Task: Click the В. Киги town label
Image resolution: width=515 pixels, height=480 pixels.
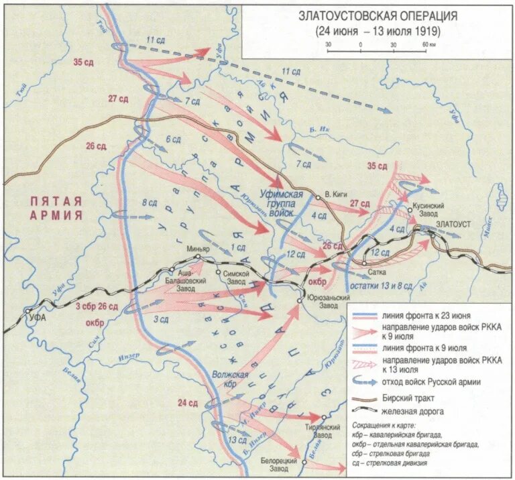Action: tap(335, 193)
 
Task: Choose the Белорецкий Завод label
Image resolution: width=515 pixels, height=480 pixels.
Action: tap(280, 458)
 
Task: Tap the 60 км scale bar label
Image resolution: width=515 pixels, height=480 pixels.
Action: tap(428, 44)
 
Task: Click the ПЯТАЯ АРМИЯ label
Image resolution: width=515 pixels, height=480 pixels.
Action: tap(56, 208)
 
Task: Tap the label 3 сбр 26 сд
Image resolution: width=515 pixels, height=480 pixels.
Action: tap(97, 306)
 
